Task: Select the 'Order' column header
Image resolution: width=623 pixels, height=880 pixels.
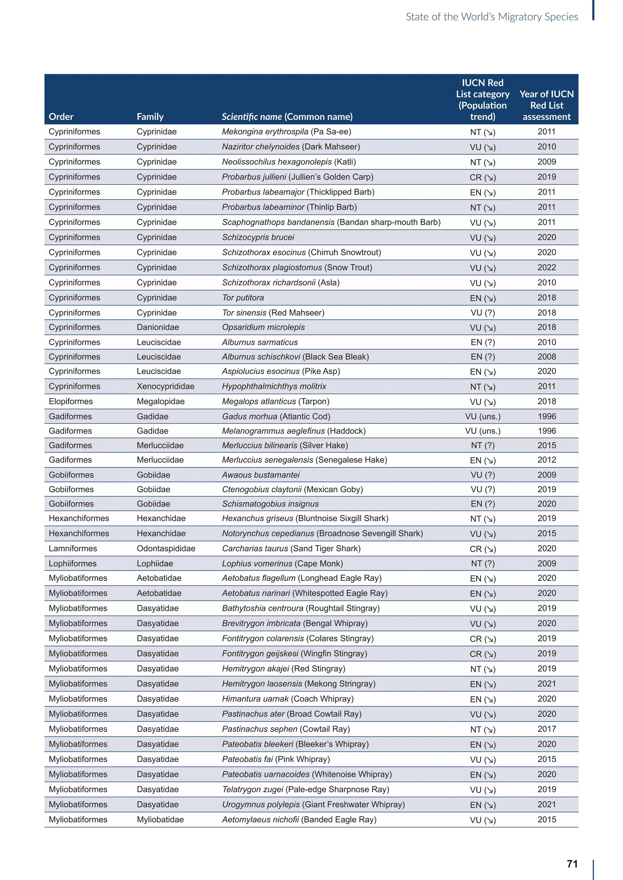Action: tap(61, 116)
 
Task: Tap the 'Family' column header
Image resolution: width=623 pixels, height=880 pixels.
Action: tap(150, 116)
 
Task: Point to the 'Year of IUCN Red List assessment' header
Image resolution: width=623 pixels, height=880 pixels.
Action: tap(546, 105)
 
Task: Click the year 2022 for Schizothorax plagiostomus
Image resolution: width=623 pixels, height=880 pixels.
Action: tap(546, 267)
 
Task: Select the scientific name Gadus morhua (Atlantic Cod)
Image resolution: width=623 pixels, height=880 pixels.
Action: tap(276, 416)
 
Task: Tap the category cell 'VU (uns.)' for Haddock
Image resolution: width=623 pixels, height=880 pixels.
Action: tap(482, 431)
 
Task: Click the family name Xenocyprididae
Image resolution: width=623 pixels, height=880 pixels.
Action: tap(165, 386)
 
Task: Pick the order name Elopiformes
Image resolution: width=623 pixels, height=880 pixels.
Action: tap(71, 401)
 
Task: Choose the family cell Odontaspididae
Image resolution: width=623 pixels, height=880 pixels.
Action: tap(166, 548)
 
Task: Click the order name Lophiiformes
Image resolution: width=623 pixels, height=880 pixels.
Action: tap(72, 563)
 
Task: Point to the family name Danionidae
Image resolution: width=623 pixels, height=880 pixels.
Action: tap(158, 327)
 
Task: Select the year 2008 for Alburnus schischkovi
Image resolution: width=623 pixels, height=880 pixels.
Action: tap(546, 357)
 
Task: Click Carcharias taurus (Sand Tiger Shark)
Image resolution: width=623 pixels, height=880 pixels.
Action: tap(291, 548)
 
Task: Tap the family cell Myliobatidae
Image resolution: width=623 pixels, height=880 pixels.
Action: tap(160, 820)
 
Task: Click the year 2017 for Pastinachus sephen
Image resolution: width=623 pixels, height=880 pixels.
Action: tap(546, 729)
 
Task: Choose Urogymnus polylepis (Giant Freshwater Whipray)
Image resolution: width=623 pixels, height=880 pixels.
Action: tap(313, 805)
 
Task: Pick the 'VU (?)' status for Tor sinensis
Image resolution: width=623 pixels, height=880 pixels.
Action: tap(482, 313)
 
